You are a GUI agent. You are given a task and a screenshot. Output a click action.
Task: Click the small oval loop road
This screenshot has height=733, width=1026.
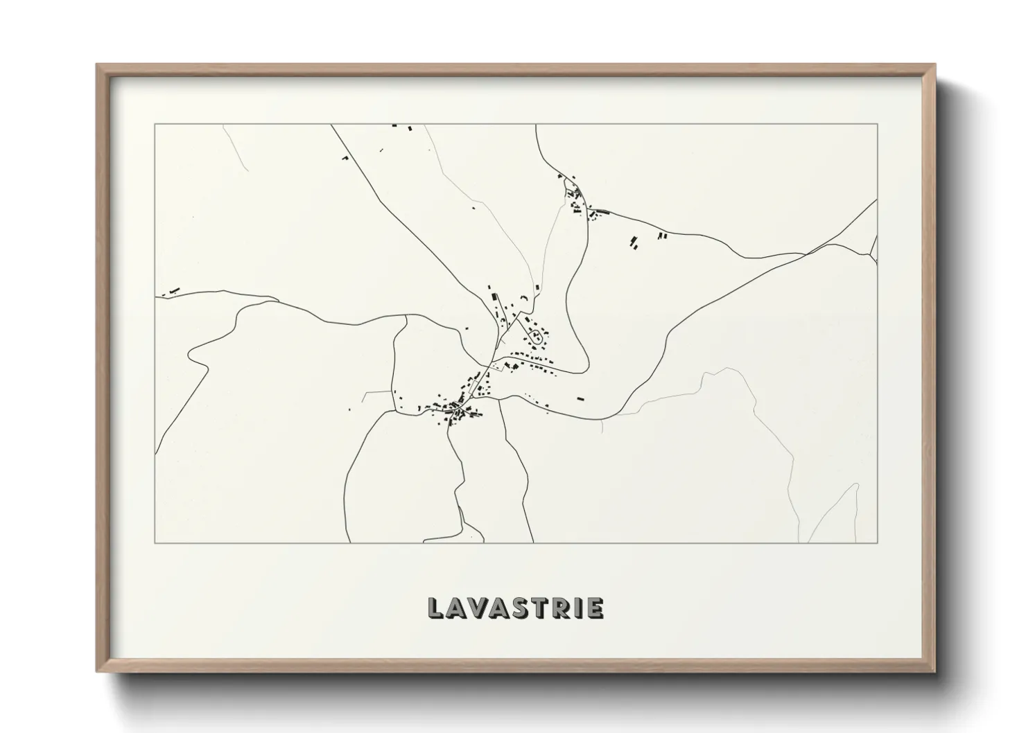(537, 338)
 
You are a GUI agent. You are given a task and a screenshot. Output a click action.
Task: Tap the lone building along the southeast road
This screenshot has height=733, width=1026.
(581, 398)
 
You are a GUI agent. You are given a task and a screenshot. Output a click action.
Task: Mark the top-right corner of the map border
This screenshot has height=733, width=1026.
(877, 124)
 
